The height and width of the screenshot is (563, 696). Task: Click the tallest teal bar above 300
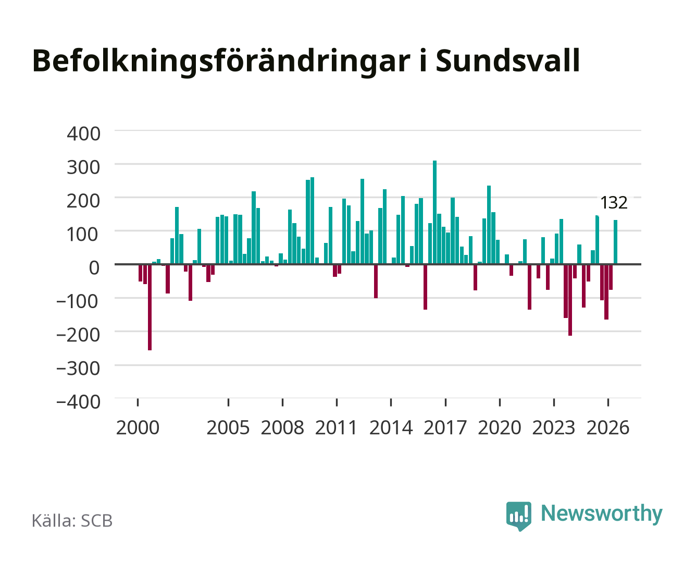click(434, 212)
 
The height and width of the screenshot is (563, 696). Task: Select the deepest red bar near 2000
click(150, 307)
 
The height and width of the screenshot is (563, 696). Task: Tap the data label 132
click(614, 203)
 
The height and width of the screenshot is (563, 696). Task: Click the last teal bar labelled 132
click(615, 242)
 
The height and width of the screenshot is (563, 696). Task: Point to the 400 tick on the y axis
click(84, 133)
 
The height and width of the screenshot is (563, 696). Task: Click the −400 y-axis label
click(79, 401)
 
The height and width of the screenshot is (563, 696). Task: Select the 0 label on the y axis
click(94, 267)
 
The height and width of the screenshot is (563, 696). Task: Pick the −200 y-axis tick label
click(79, 335)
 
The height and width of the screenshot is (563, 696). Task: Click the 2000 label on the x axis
click(138, 427)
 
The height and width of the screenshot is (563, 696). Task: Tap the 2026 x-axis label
click(608, 427)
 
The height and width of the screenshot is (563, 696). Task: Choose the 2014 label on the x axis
click(391, 427)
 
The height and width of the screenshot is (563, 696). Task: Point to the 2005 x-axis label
click(228, 427)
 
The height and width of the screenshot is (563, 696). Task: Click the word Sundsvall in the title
click(508, 61)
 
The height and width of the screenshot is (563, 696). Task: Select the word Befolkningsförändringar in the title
click(221, 63)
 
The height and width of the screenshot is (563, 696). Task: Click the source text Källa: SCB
click(72, 520)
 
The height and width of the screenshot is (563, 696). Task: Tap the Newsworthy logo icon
click(518, 516)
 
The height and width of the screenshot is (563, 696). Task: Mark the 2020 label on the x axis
click(499, 427)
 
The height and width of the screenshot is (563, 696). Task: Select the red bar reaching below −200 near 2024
click(570, 300)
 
